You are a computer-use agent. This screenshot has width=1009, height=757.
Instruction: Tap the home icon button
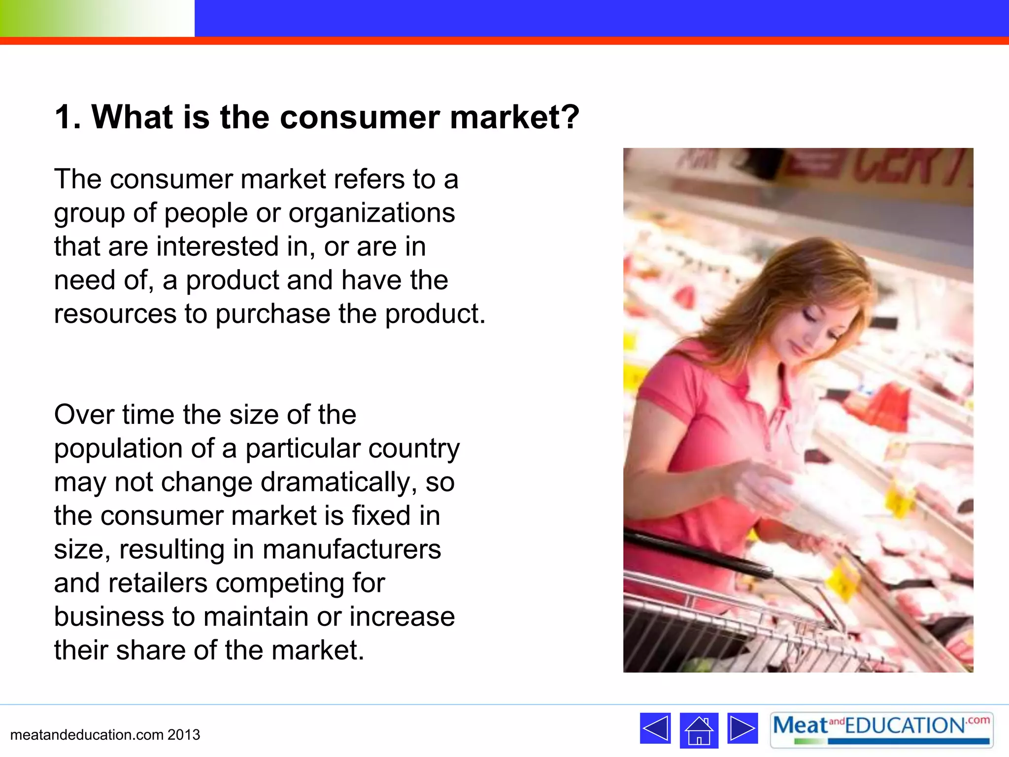699,730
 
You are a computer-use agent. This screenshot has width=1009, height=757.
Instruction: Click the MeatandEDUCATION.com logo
881,729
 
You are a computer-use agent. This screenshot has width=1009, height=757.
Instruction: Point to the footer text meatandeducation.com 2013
105,735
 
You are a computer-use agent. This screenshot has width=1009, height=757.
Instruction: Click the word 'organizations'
371,213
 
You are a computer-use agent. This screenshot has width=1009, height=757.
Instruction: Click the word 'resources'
115,314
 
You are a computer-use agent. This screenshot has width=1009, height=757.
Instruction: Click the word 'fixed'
381,516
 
